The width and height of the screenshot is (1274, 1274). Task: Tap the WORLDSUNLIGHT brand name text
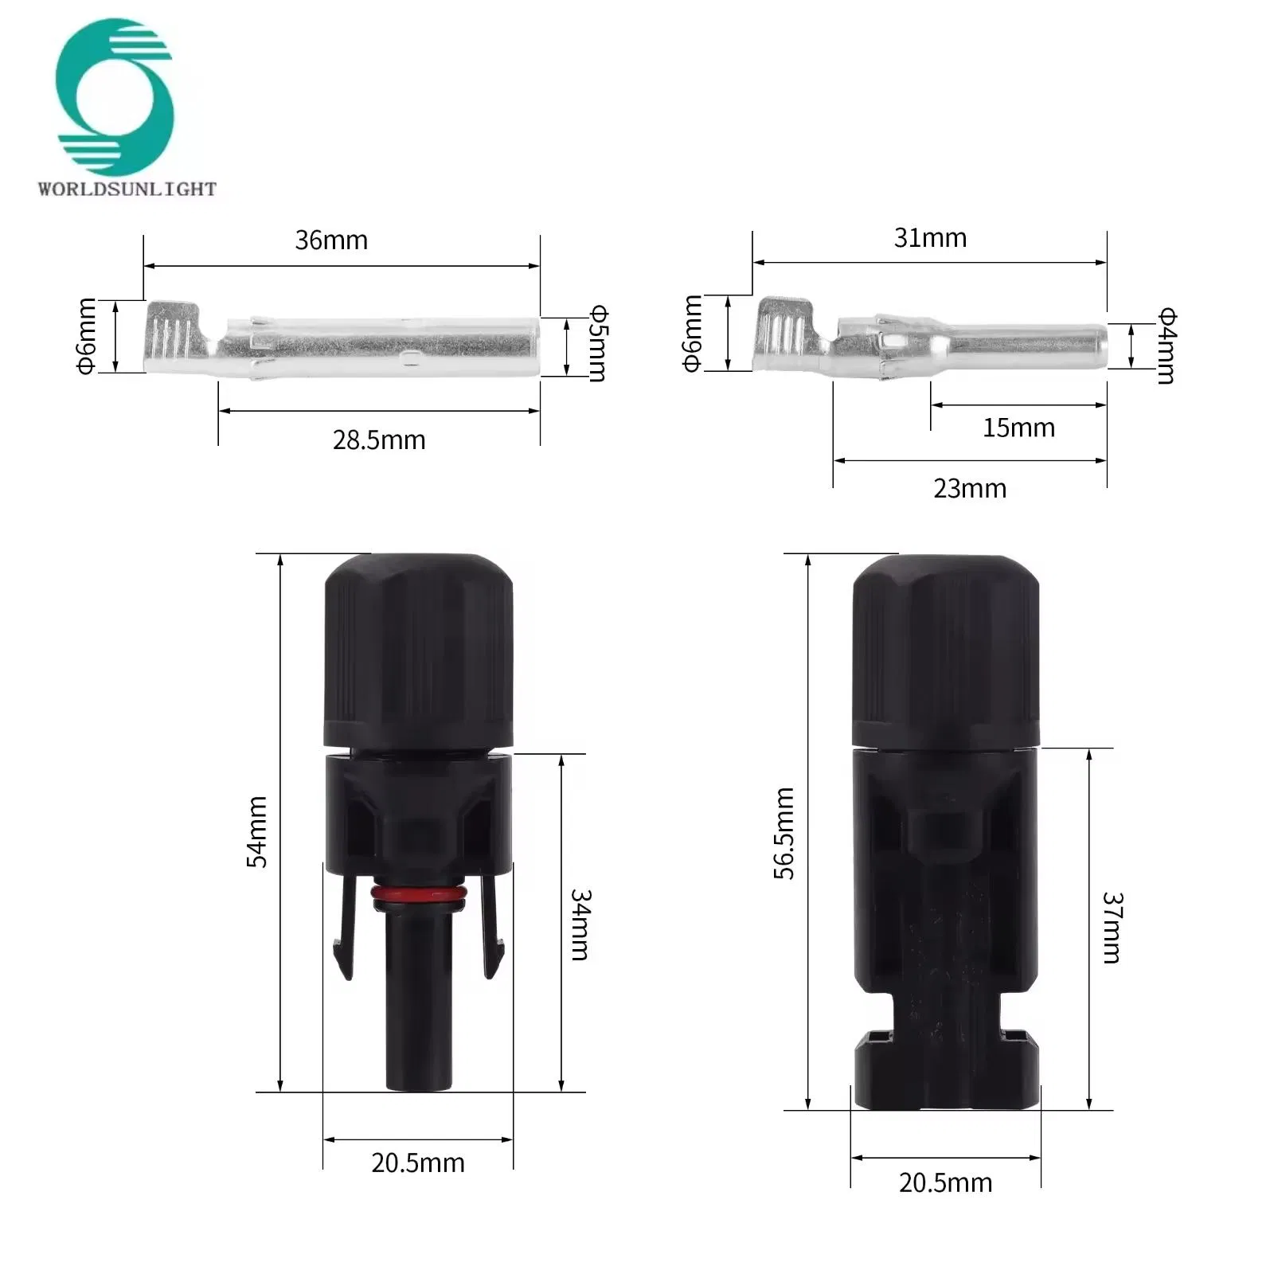(x=127, y=189)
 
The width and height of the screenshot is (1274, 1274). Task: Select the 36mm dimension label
(x=331, y=240)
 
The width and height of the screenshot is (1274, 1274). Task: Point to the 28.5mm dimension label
(x=379, y=440)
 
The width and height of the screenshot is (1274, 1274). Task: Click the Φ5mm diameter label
(x=598, y=343)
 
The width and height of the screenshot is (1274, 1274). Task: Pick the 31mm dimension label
(x=930, y=237)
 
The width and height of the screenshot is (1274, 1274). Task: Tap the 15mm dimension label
(x=1018, y=428)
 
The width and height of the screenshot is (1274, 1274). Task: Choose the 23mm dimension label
(x=970, y=488)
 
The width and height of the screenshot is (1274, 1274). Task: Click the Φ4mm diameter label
(x=1167, y=345)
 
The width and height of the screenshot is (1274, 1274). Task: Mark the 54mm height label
(x=257, y=831)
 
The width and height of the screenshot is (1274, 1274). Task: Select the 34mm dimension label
(x=580, y=924)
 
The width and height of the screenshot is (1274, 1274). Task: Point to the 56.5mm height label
(x=784, y=833)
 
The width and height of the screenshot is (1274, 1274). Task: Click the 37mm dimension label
(x=1112, y=927)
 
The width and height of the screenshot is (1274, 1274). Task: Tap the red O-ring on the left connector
(x=418, y=897)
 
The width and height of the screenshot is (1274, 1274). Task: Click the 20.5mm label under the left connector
(x=418, y=1163)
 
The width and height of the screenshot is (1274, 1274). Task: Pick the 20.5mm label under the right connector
(x=946, y=1182)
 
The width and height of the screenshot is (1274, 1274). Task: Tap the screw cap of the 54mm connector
(x=418, y=649)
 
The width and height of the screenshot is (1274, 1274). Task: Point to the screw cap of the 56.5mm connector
(x=946, y=649)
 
